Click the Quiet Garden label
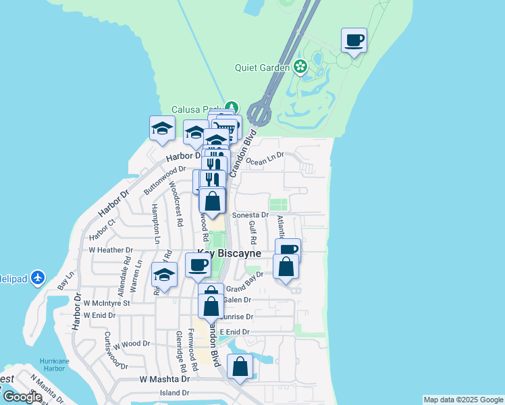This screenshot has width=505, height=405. pos(262,67)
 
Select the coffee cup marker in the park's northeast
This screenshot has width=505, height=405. pos(354,40)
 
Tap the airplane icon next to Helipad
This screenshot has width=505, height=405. pos(38,277)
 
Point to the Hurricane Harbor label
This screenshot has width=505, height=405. pos(54,364)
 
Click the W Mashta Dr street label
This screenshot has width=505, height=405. pos(165,380)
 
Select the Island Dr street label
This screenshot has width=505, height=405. pos(175,393)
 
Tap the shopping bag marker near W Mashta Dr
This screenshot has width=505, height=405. pos(240,367)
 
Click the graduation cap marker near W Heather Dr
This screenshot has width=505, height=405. pos(163,275)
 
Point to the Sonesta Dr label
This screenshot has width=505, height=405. pos(250,215)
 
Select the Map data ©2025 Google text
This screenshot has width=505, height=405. pos(463,400)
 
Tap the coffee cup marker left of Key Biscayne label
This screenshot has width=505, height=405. pos(198,265)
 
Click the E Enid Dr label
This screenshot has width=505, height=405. pos(234,332)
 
